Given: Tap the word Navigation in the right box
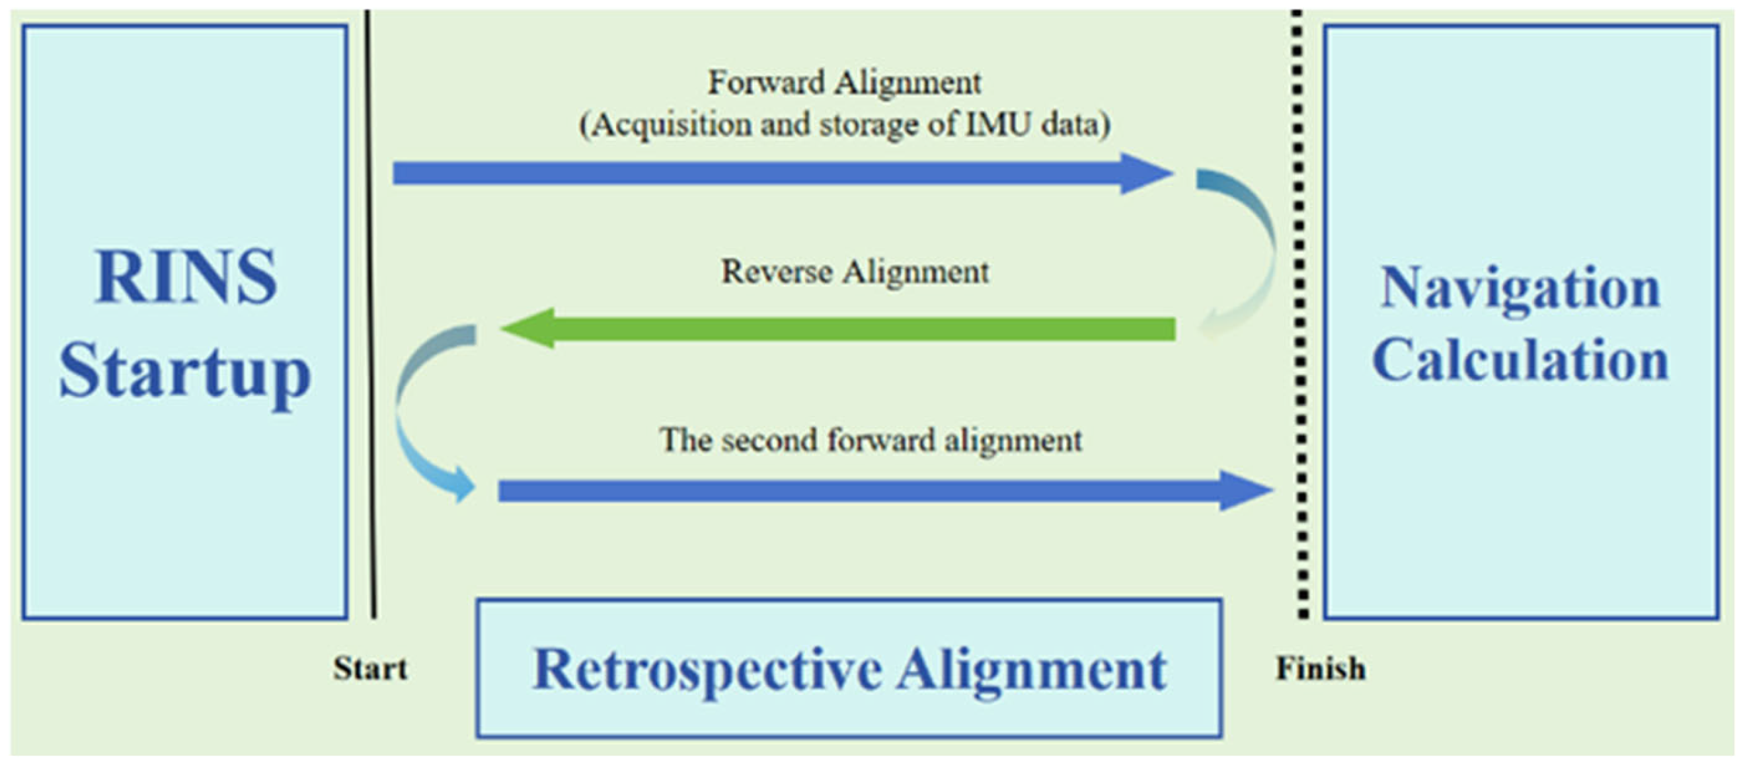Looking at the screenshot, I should (x=1520, y=289).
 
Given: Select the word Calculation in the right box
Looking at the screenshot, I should (x=1520, y=360).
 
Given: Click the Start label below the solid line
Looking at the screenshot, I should (x=369, y=669).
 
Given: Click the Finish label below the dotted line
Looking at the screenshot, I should (x=1320, y=669).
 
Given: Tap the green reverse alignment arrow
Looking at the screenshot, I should (x=839, y=329).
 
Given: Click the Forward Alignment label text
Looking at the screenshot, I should (x=844, y=83).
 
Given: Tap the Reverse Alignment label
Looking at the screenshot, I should (x=854, y=272).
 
